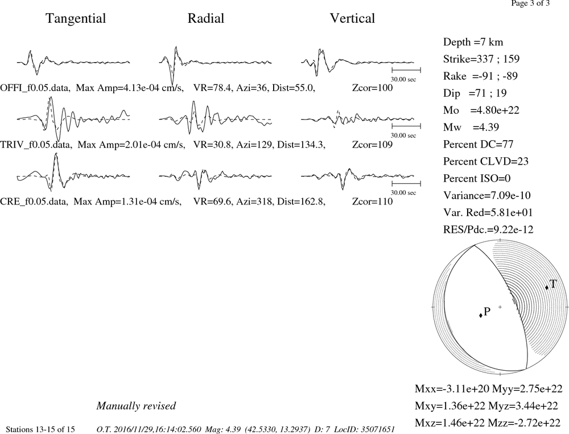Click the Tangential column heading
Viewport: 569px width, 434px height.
pos(76,19)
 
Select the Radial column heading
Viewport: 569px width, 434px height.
pos(206,19)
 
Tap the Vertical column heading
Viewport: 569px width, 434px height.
pos(352,19)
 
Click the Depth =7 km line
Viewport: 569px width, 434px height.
pos(473,42)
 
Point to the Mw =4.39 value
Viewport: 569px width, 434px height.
pos(471,128)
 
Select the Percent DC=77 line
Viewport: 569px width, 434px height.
pos(479,145)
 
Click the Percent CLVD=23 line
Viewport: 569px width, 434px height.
pos(486,162)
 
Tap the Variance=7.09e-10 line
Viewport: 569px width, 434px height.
pos(487,196)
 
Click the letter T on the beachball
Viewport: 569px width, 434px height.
pos(552,284)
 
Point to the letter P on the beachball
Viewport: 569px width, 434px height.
pos(487,311)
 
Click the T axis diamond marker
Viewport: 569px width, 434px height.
pos(547,288)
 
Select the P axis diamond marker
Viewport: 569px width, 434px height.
pos(481,315)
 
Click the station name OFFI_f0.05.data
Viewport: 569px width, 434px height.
pos(35,88)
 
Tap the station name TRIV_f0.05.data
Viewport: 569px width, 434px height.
pos(36,145)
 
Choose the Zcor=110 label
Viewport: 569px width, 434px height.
pos(372,202)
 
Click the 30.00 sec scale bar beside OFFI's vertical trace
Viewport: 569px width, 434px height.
pos(406,70)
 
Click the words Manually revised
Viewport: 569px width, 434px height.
pos(136,406)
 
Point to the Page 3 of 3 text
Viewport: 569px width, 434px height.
pos(530,3)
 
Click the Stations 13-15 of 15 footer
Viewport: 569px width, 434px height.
pos(40,429)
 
